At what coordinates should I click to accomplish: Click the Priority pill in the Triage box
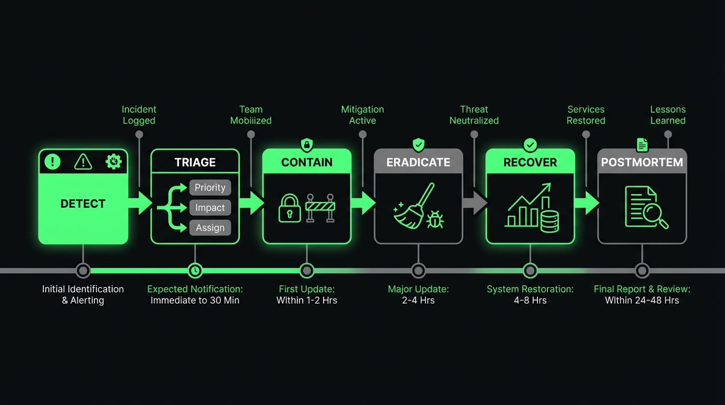(x=210, y=188)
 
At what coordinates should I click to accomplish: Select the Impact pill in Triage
(x=210, y=208)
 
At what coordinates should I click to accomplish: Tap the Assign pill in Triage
(x=210, y=228)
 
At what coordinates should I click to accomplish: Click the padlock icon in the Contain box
(x=289, y=208)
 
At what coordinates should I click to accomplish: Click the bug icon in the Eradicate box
(x=435, y=219)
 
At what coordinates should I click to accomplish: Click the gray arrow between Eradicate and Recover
(x=475, y=203)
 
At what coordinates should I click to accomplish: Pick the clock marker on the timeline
(x=195, y=271)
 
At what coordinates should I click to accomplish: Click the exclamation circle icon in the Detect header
(x=53, y=162)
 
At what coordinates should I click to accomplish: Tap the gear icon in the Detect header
(x=114, y=161)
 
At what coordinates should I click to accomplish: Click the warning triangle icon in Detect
(x=83, y=162)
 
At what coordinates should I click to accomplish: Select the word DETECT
(x=83, y=204)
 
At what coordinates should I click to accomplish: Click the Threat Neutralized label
(x=474, y=115)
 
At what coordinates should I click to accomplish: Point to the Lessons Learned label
(x=668, y=115)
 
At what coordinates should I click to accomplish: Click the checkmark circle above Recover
(x=530, y=144)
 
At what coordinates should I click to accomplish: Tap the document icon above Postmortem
(x=642, y=144)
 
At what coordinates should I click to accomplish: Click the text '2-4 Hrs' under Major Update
(x=418, y=301)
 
